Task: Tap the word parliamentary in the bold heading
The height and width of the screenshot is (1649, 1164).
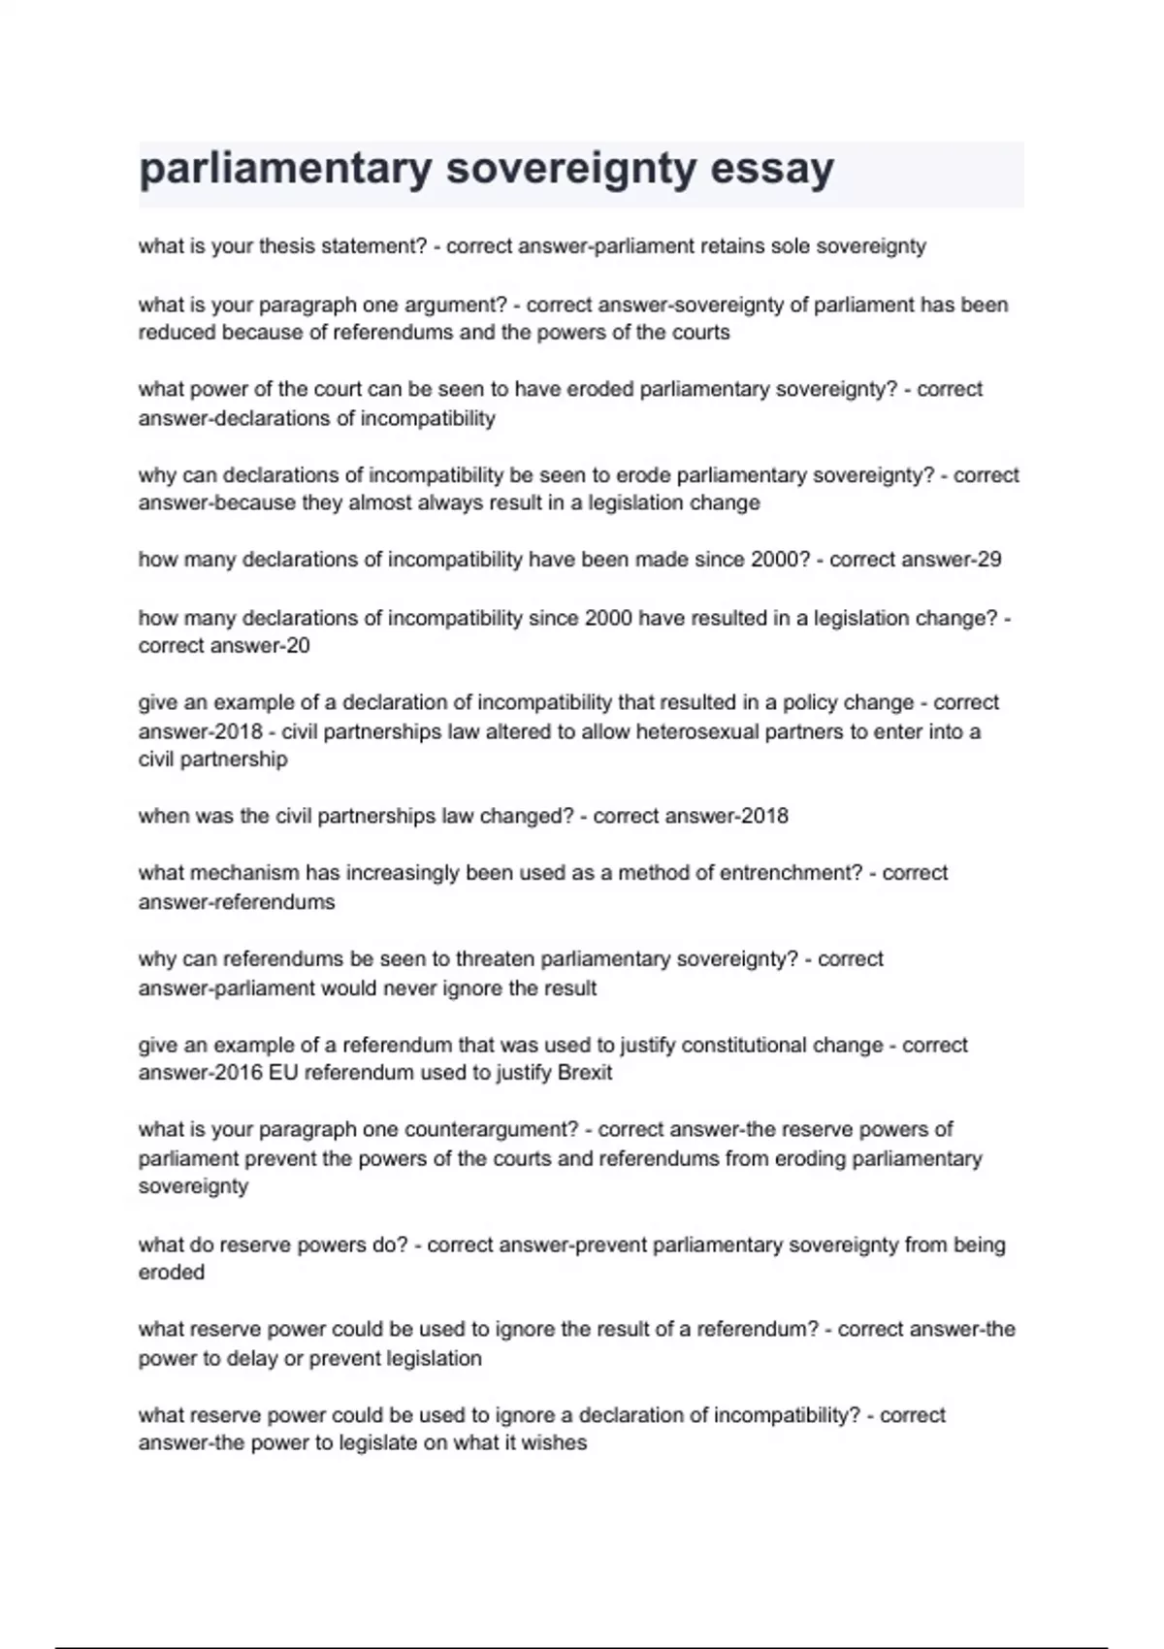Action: click(285, 169)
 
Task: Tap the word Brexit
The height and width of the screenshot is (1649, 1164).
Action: click(585, 1073)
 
